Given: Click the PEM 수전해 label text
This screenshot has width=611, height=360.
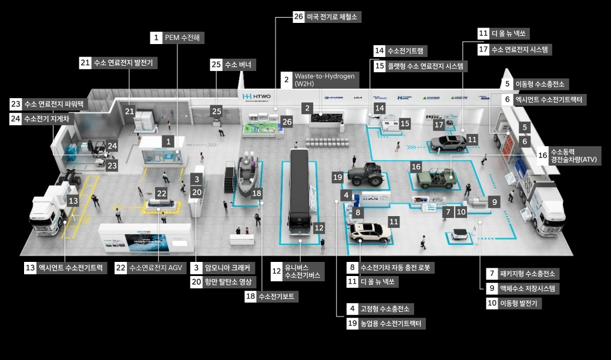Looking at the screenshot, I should [x=183, y=38].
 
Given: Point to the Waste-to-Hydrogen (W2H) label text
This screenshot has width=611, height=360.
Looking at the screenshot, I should [x=325, y=80].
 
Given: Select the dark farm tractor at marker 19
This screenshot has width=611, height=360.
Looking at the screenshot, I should [x=365, y=174].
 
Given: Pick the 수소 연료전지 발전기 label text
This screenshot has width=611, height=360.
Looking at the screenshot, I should [x=125, y=63].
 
